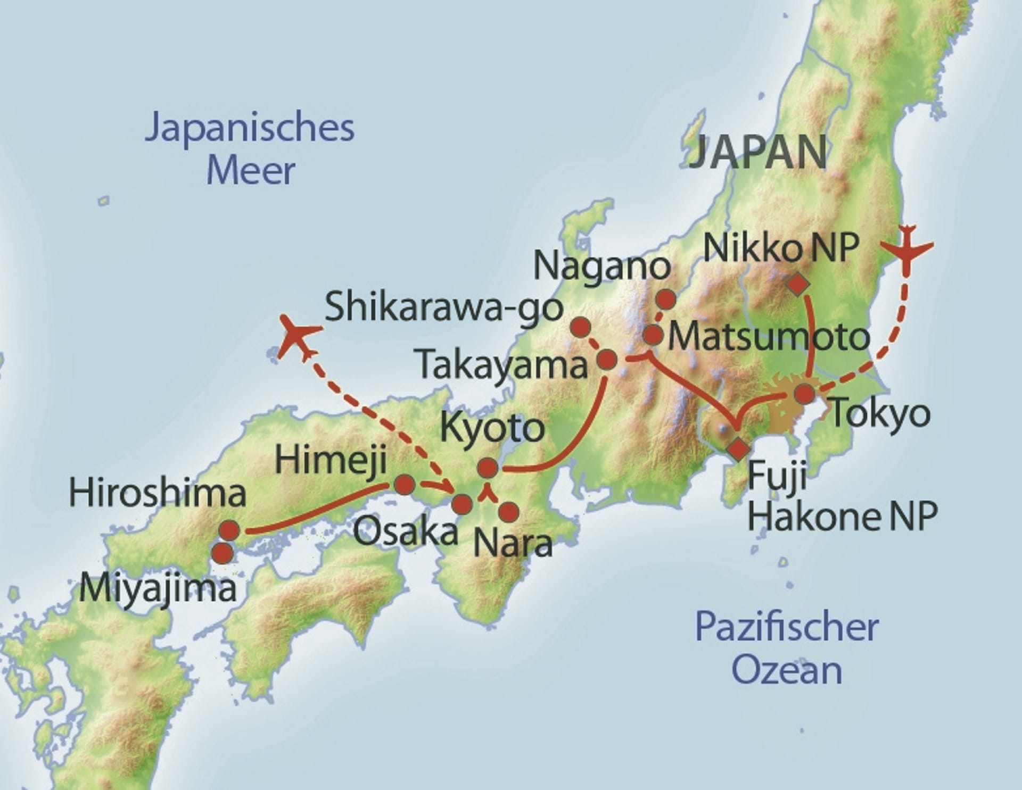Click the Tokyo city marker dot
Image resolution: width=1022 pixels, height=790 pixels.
[x=804, y=394]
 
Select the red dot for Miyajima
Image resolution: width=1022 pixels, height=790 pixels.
[x=222, y=553]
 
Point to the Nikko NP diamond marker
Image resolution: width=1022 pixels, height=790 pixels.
[x=798, y=284]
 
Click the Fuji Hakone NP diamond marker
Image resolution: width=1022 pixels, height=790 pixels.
[x=738, y=449]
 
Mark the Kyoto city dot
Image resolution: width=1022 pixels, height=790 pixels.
[x=488, y=468]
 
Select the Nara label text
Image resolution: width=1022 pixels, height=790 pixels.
[x=513, y=544]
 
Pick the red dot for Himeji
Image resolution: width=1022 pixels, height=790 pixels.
[x=404, y=484]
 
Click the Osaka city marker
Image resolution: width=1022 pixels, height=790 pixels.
[x=461, y=503]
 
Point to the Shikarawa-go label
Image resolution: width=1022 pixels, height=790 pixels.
[x=443, y=308]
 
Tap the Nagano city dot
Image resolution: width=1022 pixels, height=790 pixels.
[x=665, y=300]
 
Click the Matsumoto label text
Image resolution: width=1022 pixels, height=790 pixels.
[x=769, y=337]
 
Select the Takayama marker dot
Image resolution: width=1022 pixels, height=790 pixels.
[x=607, y=360]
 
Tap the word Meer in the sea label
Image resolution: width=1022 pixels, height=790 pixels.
[x=251, y=170]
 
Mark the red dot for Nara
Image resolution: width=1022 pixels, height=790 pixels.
[x=509, y=512]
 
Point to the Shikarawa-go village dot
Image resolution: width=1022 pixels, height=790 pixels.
[x=580, y=327]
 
